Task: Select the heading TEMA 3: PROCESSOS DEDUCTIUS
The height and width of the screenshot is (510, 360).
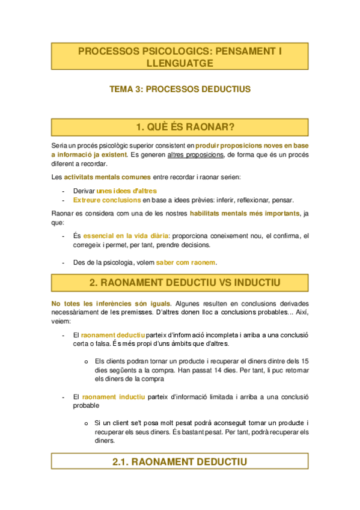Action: pos(180,89)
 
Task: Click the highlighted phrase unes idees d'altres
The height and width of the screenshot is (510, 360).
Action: pos(127,191)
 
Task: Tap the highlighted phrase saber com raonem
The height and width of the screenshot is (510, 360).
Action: pos(186,262)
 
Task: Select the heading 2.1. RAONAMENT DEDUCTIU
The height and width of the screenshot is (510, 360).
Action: pos(180,462)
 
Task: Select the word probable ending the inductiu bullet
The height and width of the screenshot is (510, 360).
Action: pos(85,405)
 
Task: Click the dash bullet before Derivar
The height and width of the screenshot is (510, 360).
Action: pos(64,191)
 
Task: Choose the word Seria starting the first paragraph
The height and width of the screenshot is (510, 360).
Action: pos(59,146)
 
